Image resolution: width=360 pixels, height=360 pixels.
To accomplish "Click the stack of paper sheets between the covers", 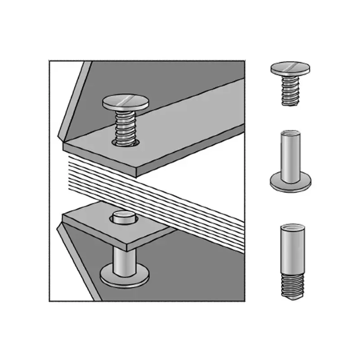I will (148, 189).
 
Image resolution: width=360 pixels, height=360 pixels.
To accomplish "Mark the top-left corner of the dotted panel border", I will (49, 60).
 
